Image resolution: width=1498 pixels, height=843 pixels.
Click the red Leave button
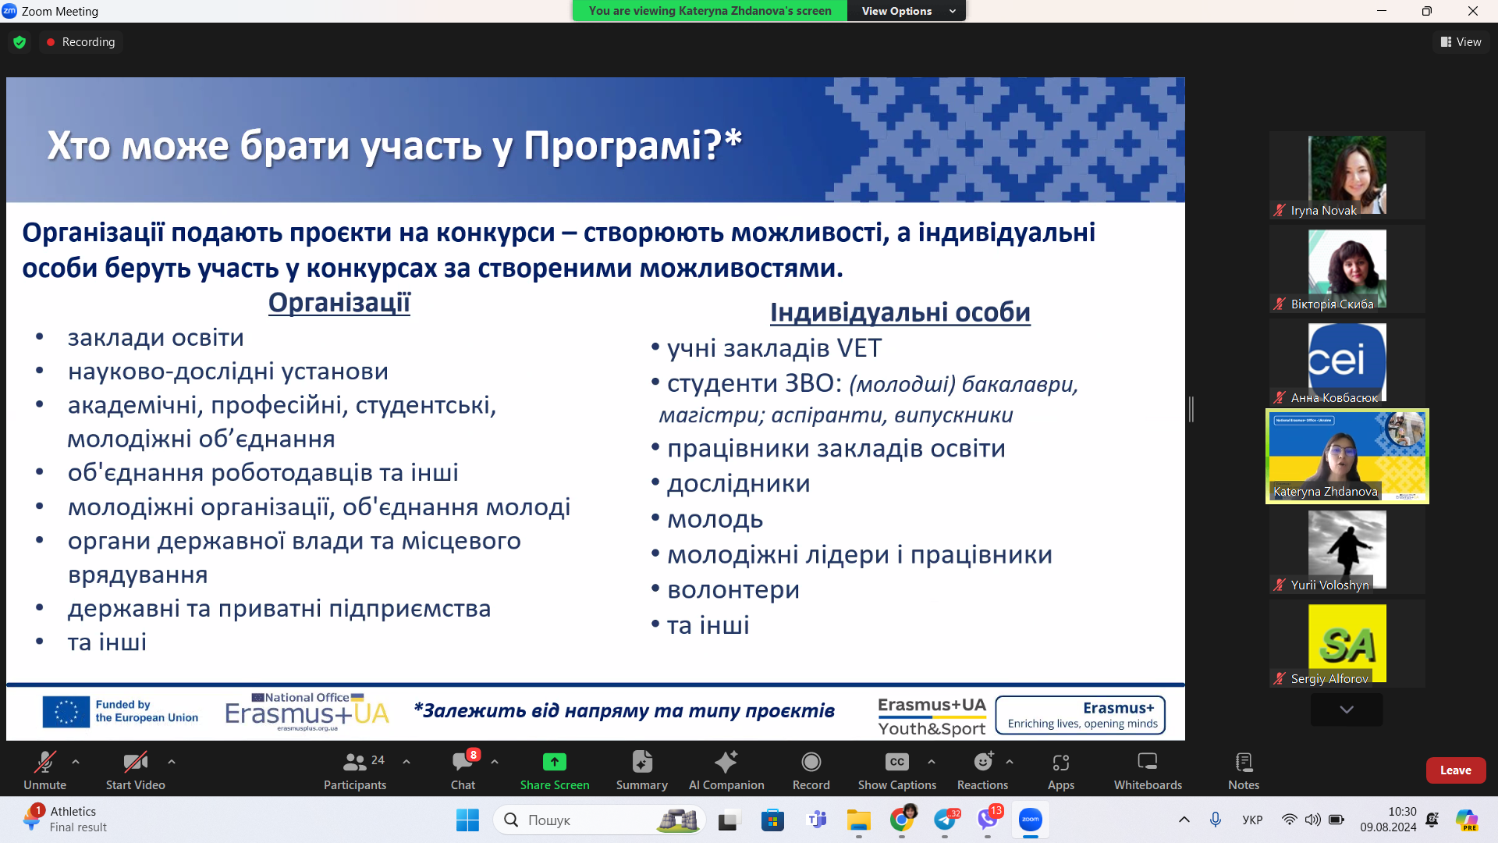1455,770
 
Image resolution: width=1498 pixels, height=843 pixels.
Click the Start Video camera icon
135,762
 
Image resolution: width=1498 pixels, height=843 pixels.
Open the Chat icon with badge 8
463,762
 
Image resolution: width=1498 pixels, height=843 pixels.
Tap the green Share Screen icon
554,762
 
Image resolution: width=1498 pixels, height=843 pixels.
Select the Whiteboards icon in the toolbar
1147,762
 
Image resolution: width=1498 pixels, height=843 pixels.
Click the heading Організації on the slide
339,303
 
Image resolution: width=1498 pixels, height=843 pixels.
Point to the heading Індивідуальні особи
900,312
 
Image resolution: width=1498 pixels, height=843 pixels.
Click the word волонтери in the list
733,590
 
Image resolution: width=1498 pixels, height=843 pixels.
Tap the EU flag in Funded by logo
66,712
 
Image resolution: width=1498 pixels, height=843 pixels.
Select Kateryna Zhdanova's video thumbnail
1347,456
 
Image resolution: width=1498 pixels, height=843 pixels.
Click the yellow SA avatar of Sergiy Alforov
1347,642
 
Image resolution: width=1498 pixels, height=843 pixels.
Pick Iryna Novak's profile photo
1347,173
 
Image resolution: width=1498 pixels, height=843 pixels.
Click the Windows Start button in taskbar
467,820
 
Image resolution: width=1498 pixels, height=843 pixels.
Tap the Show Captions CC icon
896,762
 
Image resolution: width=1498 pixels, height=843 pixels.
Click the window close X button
1472,11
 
